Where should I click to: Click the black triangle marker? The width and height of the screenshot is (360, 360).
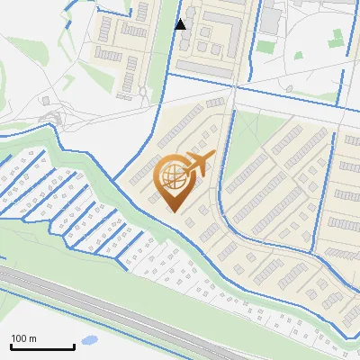pyautogui.click(x=181, y=23)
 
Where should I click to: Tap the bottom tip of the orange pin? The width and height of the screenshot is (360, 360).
pyautogui.click(x=175, y=211)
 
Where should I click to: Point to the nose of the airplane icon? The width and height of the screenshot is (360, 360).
pyautogui.click(x=215, y=157)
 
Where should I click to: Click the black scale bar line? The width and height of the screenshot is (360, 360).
pyautogui.click(x=42, y=347)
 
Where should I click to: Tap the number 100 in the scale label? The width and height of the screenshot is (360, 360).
pyautogui.click(x=19, y=338)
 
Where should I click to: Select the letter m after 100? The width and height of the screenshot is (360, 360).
pyautogui.click(x=32, y=338)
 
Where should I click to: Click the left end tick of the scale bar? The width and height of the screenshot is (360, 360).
pyautogui.click(x=11, y=346)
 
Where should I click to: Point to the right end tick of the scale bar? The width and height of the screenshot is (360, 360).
pyautogui.click(x=74, y=346)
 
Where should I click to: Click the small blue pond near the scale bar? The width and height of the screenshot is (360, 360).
pyautogui.click(x=89, y=341)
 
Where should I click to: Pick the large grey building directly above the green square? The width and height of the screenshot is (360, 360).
pyautogui.click(x=270, y=20)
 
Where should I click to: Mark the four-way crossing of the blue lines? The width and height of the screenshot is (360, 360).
pyautogui.click(x=235, y=88)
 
